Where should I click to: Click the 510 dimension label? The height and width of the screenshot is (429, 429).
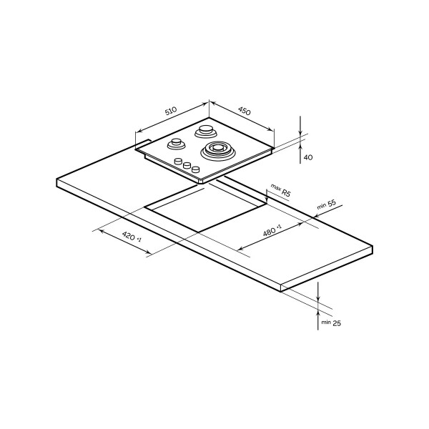[x=171, y=111]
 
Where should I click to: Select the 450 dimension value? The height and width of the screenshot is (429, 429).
[x=245, y=111]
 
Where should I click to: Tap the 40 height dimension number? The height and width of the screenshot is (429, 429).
[x=308, y=157]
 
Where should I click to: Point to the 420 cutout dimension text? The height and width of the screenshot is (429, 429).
[x=132, y=236]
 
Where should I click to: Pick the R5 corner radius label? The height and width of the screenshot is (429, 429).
[x=285, y=192]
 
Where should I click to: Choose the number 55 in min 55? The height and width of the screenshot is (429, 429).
[x=331, y=203]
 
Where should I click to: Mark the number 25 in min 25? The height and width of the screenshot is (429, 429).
[x=337, y=323]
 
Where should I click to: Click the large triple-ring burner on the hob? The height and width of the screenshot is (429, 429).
[x=217, y=151]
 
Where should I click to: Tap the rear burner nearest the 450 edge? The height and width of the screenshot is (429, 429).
[x=206, y=131]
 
